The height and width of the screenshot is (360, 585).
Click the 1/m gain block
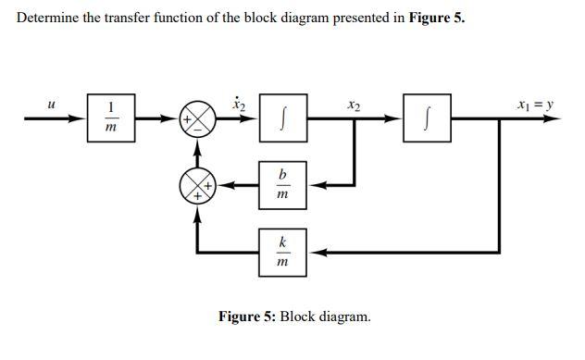[111, 118]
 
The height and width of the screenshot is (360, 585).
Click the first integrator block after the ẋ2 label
[282, 118]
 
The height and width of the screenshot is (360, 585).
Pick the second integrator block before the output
[428, 118]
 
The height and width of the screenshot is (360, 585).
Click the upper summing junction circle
[197, 119]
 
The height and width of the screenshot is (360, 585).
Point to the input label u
[51, 106]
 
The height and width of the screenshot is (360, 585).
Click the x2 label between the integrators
[354, 106]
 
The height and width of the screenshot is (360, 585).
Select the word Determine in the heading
[49, 19]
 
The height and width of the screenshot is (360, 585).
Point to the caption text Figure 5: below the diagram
[246, 317]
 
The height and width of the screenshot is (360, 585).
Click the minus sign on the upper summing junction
[197, 130]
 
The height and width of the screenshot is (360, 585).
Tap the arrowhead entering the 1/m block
[81, 118]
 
